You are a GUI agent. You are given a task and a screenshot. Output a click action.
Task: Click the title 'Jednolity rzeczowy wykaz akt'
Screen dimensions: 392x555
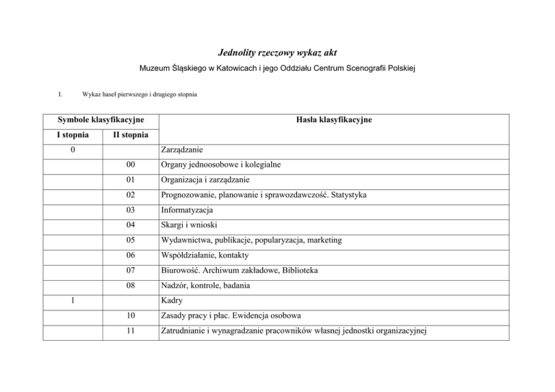(x=277, y=52)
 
